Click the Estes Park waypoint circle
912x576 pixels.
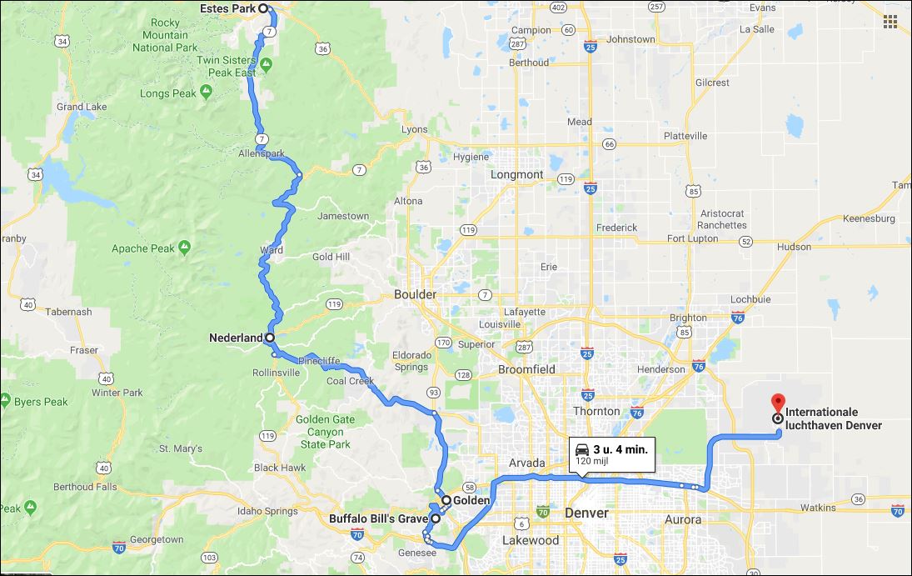tap(263, 8)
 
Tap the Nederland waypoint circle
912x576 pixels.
tap(270, 338)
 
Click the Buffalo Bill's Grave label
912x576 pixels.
tap(378, 518)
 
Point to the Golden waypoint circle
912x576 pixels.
tap(446, 500)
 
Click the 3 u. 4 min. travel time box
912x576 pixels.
tap(611, 453)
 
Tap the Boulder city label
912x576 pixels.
tap(415, 295)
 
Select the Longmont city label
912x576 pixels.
tap(516, 175)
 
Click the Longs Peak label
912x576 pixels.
tap(168, 94)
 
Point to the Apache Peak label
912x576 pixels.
tap(143, 248)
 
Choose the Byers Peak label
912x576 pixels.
tap(41, 402)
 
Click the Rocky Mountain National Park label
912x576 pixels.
tap(165, 35)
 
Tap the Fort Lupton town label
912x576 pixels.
tap(692, 239)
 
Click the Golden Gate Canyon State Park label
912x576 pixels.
tap(325, 432)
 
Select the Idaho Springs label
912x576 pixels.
tap(267, 511)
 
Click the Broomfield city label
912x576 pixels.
tap(526, 369)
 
